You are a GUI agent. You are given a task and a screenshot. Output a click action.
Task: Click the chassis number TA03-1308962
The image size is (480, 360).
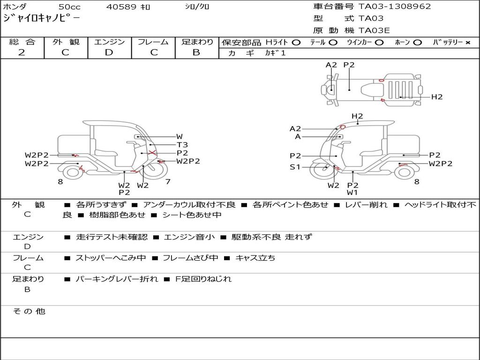[395, 7]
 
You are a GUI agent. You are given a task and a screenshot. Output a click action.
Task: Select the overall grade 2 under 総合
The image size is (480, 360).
[22, 52]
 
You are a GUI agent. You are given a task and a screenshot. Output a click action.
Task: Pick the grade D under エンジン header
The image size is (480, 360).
[109, 52]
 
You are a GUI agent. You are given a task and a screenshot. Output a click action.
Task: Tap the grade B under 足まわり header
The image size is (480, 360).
[196, 52]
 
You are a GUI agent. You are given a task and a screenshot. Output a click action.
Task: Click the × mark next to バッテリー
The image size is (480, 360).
[468, 43]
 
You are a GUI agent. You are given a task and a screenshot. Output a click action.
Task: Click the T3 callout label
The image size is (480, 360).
[182, 145]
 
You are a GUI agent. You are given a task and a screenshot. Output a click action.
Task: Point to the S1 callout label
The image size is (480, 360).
[295, 167]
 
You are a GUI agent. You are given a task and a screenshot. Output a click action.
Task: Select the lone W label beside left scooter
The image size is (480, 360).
[180, 137]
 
